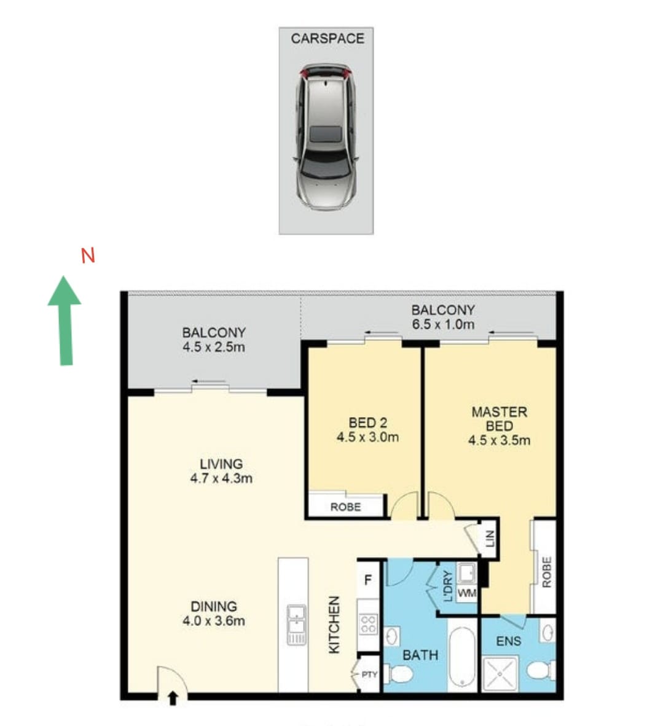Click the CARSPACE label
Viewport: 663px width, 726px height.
(327, 39)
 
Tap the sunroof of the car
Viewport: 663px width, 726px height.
(326, 133)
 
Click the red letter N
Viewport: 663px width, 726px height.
(88, 256)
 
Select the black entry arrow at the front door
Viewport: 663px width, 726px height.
(173, 698)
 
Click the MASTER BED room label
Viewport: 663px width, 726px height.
(499, 418)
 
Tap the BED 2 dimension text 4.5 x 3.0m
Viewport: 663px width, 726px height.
(367, 437)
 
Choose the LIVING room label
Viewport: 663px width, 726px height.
(221, 464)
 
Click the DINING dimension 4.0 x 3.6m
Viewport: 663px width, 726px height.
(214, 620)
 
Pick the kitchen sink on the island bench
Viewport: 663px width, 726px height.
(296, 624)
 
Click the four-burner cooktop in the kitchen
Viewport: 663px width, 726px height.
(368, 623)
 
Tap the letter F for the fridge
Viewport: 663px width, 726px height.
(368, 580)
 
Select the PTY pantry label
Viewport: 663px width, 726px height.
(369, 674)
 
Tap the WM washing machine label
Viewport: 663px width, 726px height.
(466, 593)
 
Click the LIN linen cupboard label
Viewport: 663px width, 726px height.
(490, 538)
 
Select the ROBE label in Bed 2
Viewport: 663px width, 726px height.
(345, 507)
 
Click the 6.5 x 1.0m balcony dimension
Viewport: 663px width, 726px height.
(443, 324)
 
